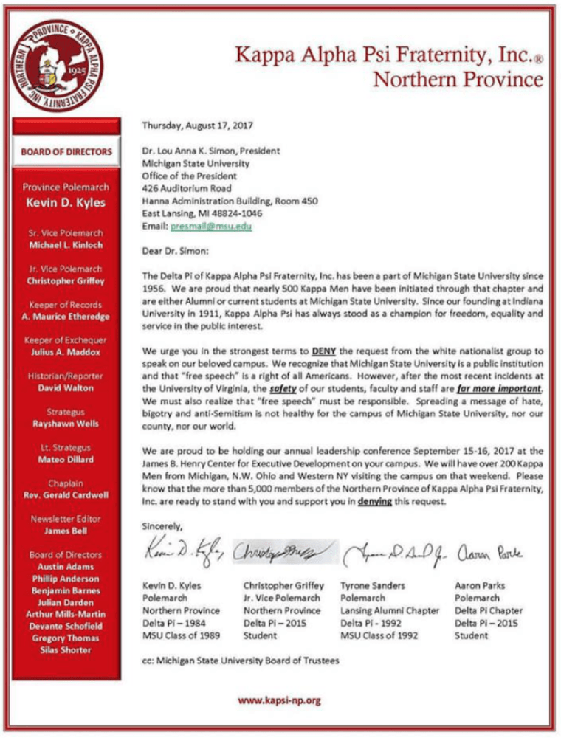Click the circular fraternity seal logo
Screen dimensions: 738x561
(61, 65)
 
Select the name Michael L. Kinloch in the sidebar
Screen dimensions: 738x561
(66, 244)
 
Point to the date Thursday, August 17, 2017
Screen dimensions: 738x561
(197, 126)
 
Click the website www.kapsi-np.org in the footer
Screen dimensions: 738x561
(279, 700)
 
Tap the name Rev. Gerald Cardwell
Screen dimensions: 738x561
(66, 494)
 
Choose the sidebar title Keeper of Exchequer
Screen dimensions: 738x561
(66, 340)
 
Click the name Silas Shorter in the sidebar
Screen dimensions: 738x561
(66, 649)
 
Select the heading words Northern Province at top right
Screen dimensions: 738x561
(457, 78)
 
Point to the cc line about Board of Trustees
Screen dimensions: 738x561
(241, 661)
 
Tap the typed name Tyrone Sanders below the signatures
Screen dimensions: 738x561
(372, 585)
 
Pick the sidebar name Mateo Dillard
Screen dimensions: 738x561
(66, 459)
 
